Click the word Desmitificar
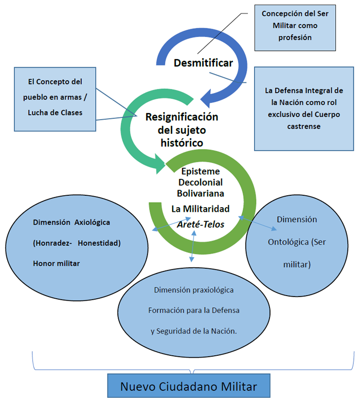203,63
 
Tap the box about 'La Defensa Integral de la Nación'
304,108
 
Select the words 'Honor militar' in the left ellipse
57,263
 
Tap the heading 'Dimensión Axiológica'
71,223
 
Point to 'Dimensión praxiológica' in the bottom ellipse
193,290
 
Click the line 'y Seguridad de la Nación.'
193,331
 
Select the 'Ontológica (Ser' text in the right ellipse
297,242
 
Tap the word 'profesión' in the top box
295,38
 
